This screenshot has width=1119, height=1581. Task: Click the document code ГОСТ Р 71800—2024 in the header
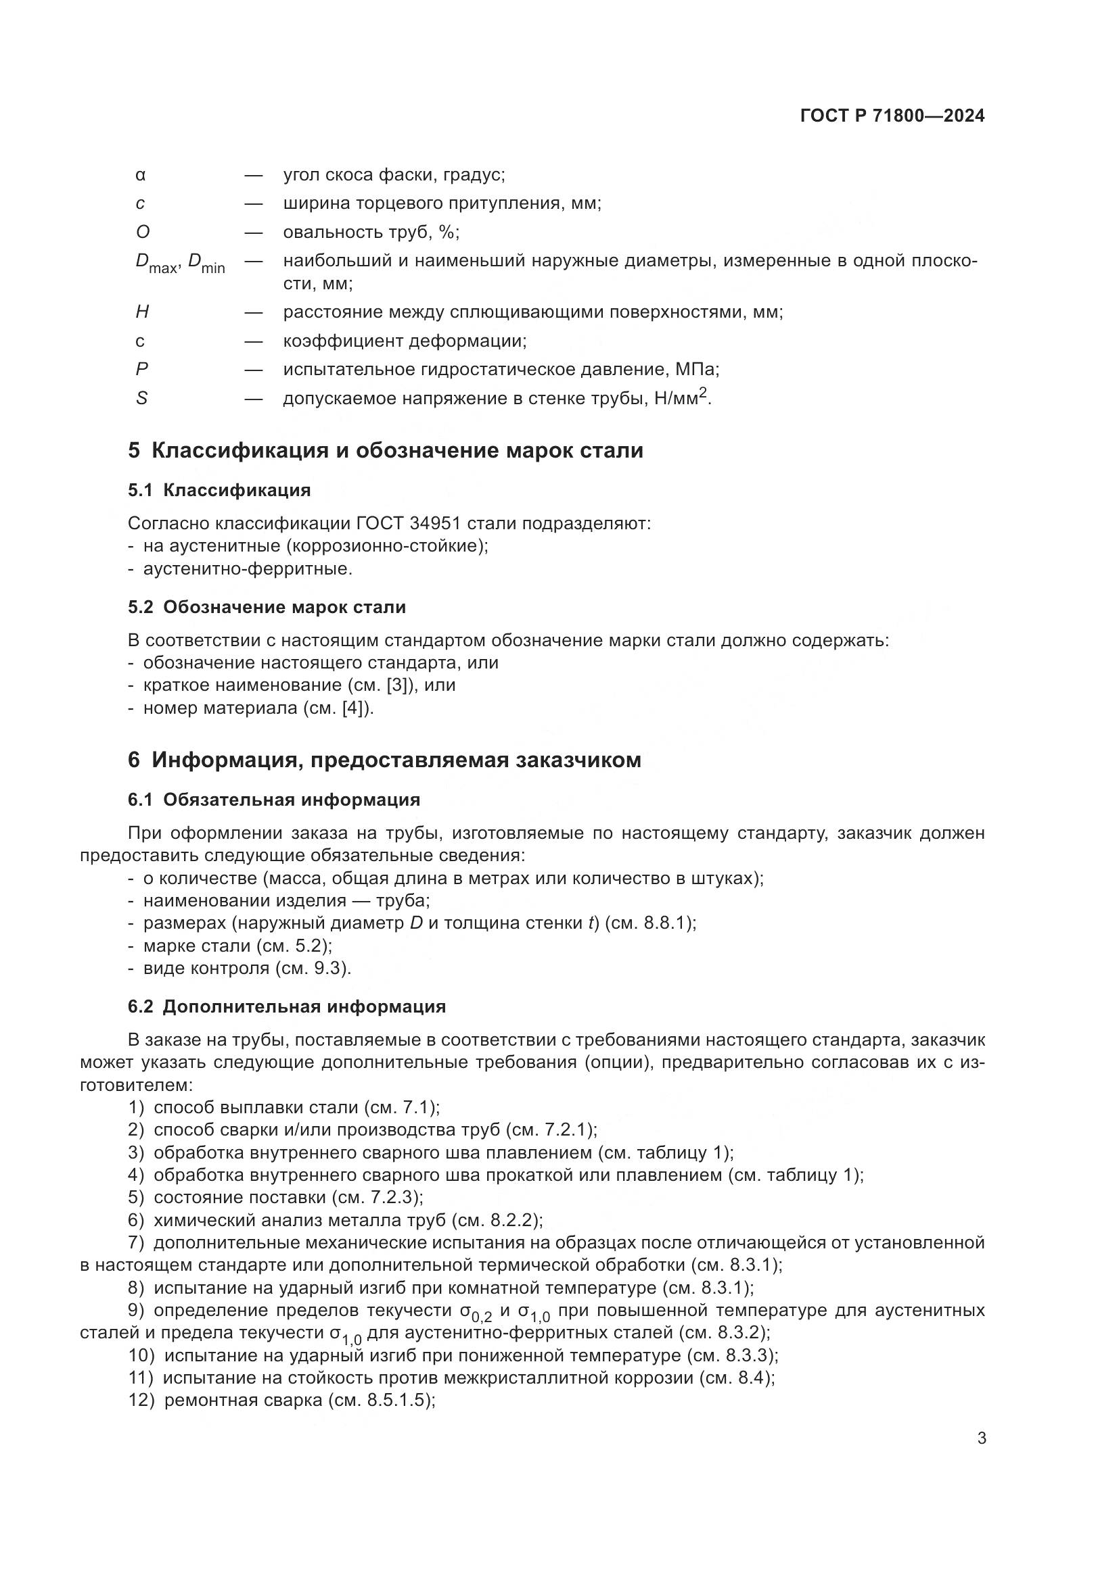point(892,116)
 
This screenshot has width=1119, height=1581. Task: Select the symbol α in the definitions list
point(141,176)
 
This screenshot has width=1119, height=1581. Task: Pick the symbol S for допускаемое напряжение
point(141,399)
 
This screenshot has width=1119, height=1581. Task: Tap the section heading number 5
point(134,451)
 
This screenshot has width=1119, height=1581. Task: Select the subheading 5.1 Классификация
point(219,490)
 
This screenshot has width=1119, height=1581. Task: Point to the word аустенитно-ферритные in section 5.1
point(248,569)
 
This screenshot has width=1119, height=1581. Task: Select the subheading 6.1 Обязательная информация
point(273,800)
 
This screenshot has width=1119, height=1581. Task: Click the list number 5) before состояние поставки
point(136,1198)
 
